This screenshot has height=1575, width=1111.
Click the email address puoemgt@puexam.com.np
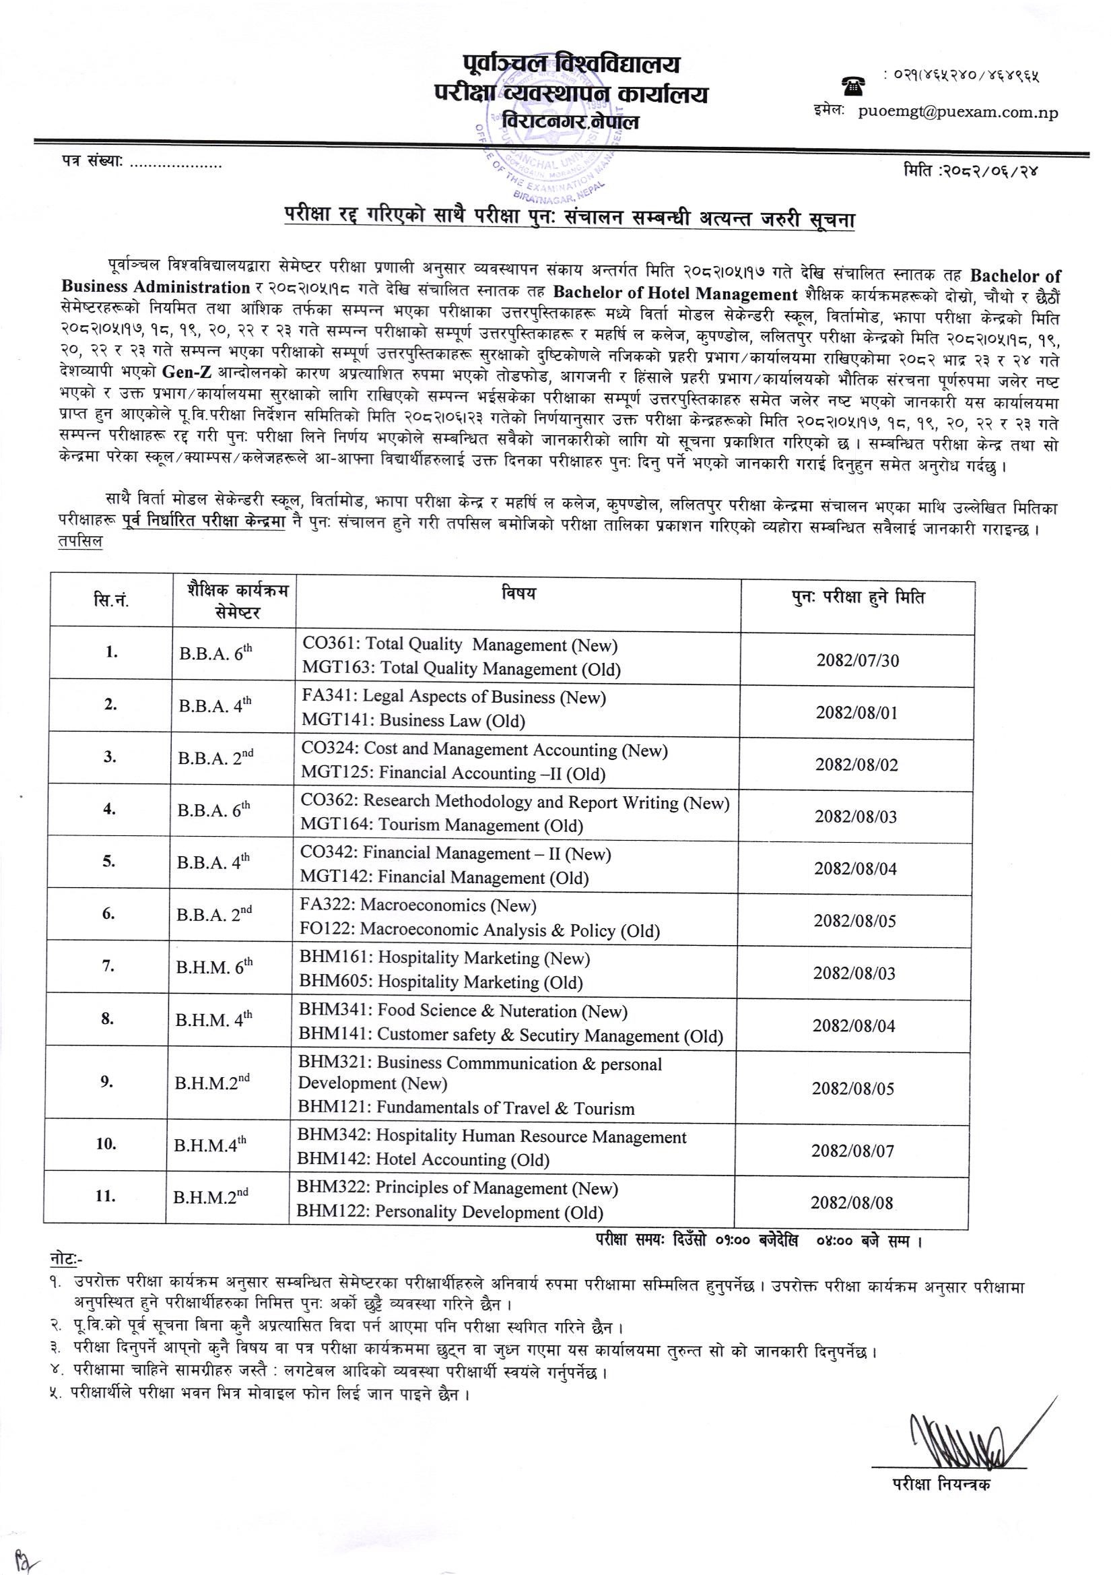957,113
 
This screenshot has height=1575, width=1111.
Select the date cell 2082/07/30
857,661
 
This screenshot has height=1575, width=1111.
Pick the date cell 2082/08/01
856,713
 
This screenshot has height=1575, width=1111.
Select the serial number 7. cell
108,966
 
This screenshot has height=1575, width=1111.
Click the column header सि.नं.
111,602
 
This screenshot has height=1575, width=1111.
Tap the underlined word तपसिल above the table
80,542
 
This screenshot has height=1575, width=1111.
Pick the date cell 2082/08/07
853,1151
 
